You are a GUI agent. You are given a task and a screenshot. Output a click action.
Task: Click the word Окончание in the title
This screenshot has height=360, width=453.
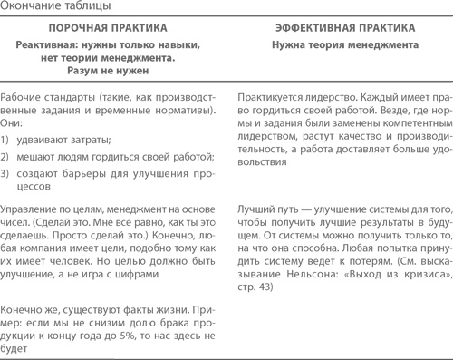(x=30, y=7)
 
